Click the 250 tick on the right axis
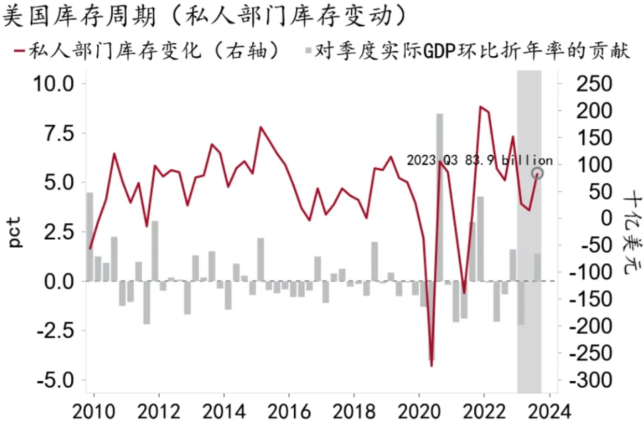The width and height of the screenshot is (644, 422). point(594,84)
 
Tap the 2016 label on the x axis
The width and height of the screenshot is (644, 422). point(289,409)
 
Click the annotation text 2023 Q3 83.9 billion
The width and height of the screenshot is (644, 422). point(480,161)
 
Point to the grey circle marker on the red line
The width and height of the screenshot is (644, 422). point(537,173)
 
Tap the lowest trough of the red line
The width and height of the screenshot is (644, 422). point(431,366)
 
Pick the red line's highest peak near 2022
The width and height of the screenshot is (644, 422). point(480,107)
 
